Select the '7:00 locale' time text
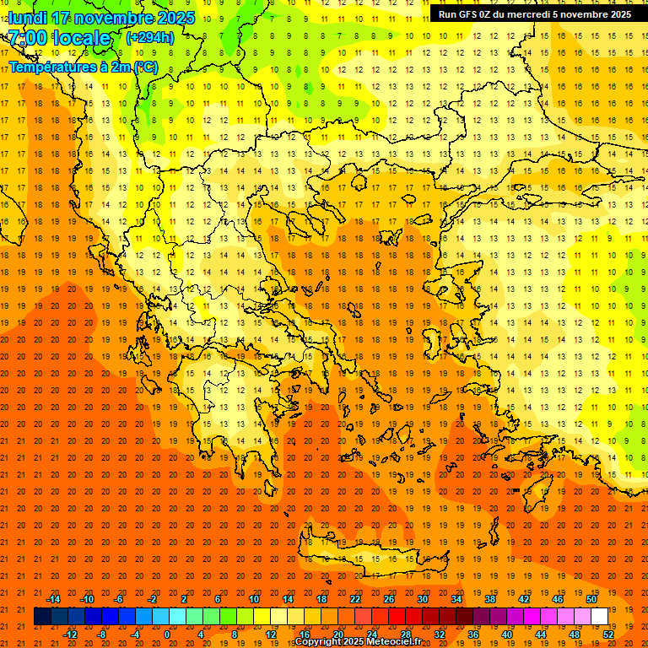tap(59, 38)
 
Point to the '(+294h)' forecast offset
tap(150, 38)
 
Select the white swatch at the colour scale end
tap(599, 617)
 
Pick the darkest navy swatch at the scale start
tap(42, 617)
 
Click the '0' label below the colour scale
tap(167, 634)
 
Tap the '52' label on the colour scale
tap(608, 634)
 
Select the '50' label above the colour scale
tap(591, 599)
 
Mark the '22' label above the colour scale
tap(355, 599)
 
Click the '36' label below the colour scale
tap(473, 634)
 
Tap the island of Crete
tap(363, 553)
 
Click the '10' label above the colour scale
tap(254, 599)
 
